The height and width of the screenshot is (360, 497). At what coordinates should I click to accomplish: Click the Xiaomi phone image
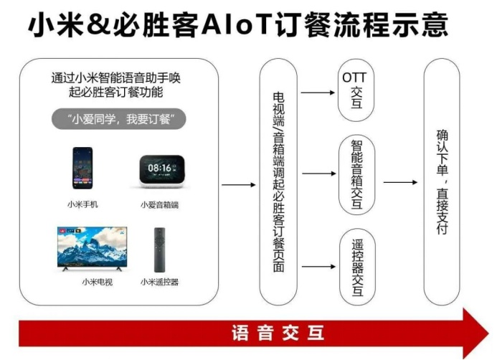pos(82,168)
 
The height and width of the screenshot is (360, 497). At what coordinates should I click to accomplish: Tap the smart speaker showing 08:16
pos(161,171)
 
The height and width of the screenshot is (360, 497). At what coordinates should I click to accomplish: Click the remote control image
pos(159,250)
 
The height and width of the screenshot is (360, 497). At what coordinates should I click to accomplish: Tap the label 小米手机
pos(82,204)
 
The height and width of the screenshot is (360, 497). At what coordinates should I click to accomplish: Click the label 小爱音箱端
pos(159,205)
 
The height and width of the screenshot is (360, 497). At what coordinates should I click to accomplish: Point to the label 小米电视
pos(97,282)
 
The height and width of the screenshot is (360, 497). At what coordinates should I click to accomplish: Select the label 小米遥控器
pos(159,282)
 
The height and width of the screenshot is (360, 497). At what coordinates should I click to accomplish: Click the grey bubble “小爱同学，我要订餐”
pos(118,119)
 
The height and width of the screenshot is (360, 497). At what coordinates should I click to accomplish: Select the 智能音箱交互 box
pos(357,175)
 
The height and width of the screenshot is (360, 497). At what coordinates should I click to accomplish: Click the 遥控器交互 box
pos(358,267)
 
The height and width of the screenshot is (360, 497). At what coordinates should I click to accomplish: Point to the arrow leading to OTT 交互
pos(318,93)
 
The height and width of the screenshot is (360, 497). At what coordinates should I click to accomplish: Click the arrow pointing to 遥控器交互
pos(318,267)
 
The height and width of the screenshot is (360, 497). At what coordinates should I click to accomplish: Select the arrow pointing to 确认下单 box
pos(400,182)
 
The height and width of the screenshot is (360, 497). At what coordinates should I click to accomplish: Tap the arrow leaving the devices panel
pos(238,185)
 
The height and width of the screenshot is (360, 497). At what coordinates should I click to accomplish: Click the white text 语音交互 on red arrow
pos(278,333)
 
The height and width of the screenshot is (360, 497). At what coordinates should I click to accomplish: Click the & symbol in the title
pos(98,24)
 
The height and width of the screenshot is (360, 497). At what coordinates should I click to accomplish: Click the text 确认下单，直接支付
pos(442,182)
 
